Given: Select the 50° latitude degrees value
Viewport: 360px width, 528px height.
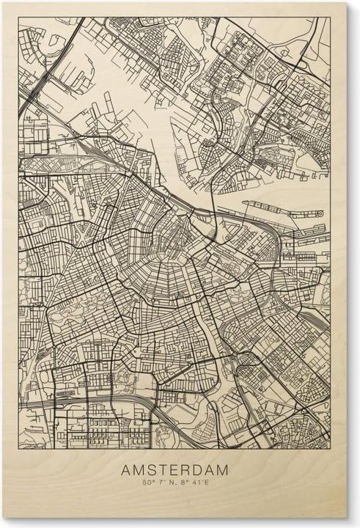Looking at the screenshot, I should (x=148, y=483).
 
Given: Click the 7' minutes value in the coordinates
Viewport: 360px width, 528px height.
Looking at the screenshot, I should (x=162, y=483).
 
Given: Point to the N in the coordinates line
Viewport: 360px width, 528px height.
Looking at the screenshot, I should (x=173, y=483).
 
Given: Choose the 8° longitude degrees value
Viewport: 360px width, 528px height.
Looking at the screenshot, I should (x=187, y=483).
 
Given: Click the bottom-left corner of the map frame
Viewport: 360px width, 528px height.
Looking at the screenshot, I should (x=18, y=444).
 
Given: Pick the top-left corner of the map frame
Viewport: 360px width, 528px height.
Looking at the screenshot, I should (x=18, y=18).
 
